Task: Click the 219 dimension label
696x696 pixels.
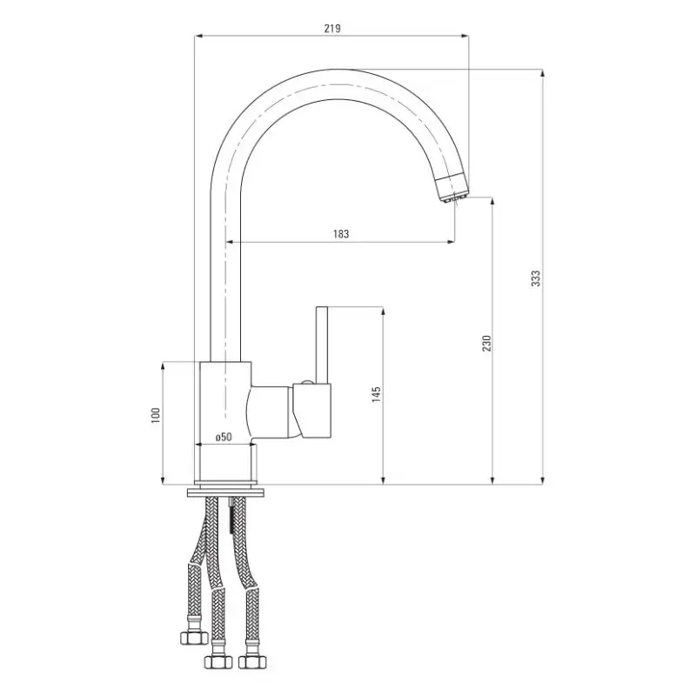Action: click(x=332, y=29)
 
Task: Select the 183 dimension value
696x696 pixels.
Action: click(x=341, y=233)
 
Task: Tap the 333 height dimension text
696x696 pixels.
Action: click(x=536, y=278)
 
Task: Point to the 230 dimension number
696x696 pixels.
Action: click(x=487, y=343)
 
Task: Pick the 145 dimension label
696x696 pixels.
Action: click(x=377, y=394)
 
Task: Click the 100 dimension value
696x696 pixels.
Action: click(x=156, y=415)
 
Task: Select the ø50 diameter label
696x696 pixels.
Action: click(x=224, y=437)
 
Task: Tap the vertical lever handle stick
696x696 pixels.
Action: click(x=321, y=345)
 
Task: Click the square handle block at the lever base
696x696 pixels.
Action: click(x=312, y=410)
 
